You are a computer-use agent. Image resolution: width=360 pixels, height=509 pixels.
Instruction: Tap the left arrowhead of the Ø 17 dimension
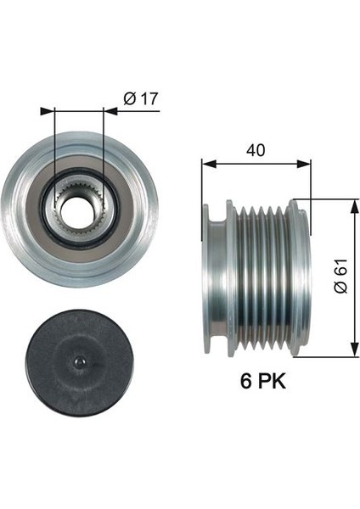pyautogui.click(x=58, y=109)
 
